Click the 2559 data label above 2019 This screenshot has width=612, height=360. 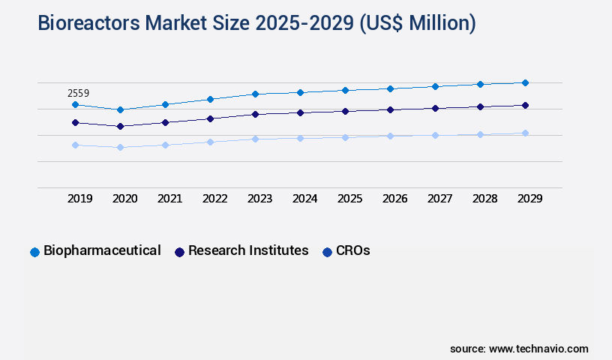(x=78, y=94)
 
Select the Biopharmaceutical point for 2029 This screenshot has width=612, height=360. (x=525, y=82)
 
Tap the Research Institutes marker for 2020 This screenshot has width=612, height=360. (x=120, y=126)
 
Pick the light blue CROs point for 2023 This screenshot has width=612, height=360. (x=255, y=139)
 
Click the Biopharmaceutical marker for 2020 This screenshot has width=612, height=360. (x=120, y=109)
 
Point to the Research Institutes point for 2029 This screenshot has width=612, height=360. (x=525, y=105)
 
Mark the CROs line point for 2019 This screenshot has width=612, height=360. (x=75, y=145)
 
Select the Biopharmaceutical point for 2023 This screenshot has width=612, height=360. (x=255, y=94)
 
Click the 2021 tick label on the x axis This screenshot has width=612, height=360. (x=169, y=199)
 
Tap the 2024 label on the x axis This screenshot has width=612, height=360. (x=304, y=199)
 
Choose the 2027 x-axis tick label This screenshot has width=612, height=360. (x=439, y=199)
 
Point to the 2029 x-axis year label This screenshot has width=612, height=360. (x=529, y=199)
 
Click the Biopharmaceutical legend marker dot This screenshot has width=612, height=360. (x=34, y=252)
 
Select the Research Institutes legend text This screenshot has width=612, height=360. (x=248, y=250)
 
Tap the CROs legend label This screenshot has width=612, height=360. (x=353, y=250)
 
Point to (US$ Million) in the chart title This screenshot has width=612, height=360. (x=417, y=23)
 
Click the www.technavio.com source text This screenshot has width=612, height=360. (x=538, y=349)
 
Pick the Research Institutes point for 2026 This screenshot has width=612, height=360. (x=390, y=109)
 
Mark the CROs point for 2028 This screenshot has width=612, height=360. (x=480, y=134)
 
